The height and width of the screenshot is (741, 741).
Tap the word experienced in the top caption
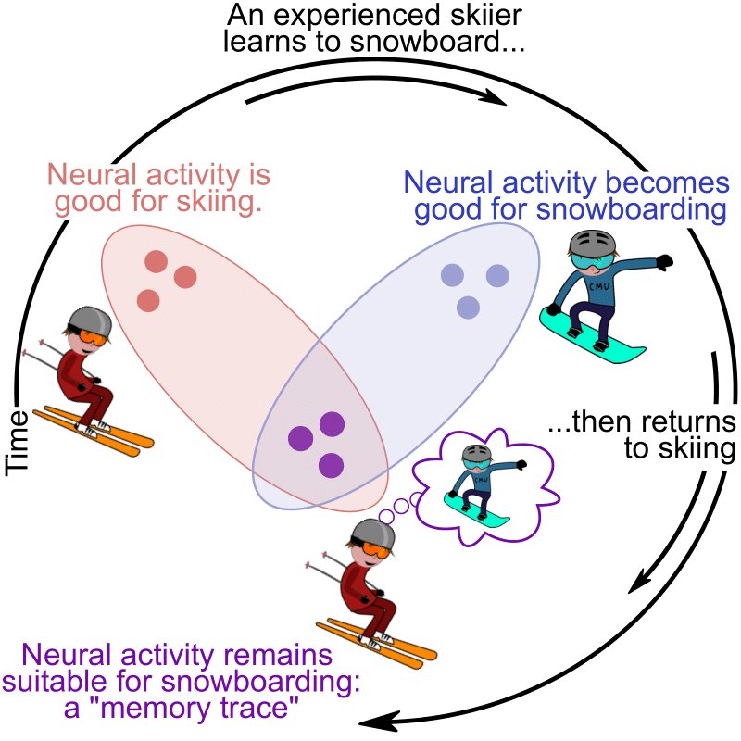point(348,16)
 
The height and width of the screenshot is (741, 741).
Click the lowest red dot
point(148,300)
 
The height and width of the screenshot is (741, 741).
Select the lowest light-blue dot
point(469,307)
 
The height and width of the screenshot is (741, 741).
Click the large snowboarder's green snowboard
point(593,339)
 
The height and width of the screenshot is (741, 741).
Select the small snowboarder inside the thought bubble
point(475,486)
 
